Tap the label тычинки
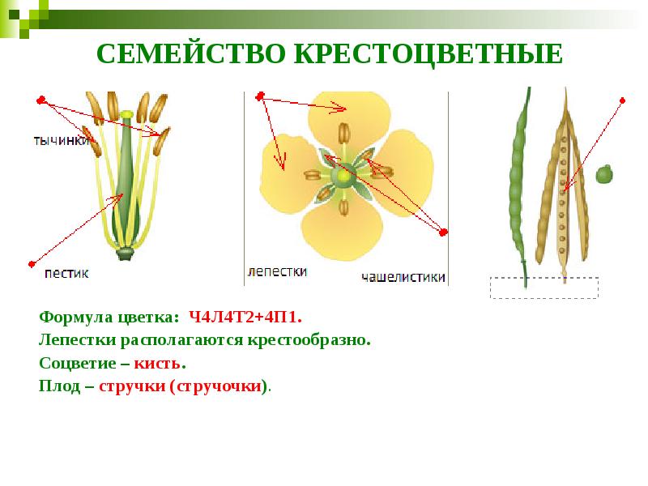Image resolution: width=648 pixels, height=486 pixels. [x=62, y=140]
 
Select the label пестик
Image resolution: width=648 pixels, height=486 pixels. [x=67, y=273]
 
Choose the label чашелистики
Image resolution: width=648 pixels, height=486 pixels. [x=403, y=276]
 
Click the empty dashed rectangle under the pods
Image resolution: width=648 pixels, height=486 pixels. [x=544, y=288]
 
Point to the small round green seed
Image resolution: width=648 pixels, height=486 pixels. [x=603, y=173]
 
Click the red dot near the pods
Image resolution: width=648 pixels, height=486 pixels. [x=622, y=100]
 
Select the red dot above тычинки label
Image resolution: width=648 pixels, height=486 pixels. [x=40, y=100]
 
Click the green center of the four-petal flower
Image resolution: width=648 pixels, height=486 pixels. [x=345, y=173]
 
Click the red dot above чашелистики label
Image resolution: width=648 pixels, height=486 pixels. [x=443, y=232]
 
